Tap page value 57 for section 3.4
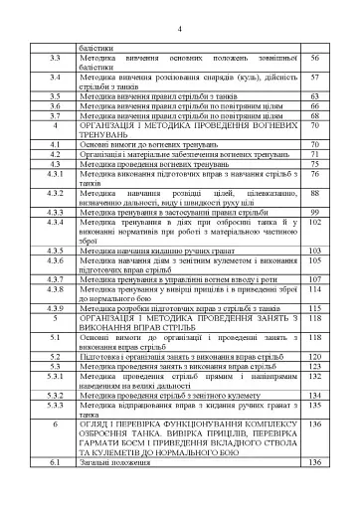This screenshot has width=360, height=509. (314, 77)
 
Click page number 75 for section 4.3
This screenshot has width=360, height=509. (314, 163)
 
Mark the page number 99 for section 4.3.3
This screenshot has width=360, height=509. (314, 212)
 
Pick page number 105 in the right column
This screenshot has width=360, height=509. (314, 260)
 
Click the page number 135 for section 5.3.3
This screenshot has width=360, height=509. (314, 407)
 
